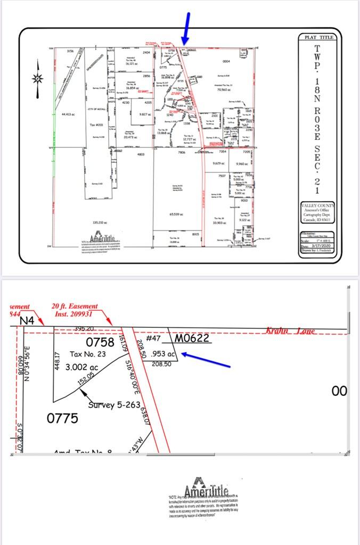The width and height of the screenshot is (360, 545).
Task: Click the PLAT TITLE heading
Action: pyautogui.click(x=317, y=37)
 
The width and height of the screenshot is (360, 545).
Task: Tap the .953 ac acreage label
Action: pyautogui.click(x=163, y=353)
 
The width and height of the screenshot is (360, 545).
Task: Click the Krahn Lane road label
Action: pyautogui.click(x=290, y=331)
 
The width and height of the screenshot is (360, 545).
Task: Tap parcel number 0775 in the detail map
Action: pyautogui.click(x=62, y=418)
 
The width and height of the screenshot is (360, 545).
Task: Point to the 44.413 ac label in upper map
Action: pyautogui.click(x=69, y=114)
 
